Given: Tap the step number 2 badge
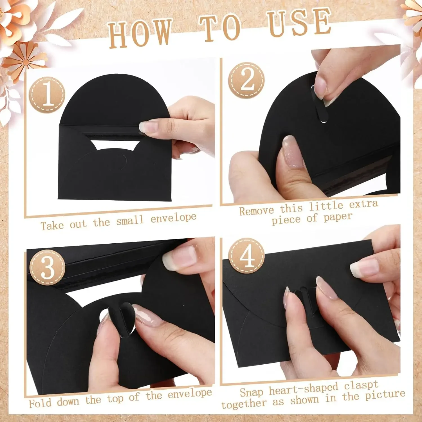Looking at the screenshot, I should [246, 80].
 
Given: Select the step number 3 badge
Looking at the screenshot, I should [47, 267].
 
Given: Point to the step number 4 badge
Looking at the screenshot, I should [246, 256].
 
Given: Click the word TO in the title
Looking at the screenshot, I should [220, 28].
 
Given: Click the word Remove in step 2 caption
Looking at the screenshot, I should [256, 211].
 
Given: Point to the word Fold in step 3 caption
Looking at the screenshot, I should [40, 403].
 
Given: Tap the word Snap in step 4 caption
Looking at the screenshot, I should [252, 392].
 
